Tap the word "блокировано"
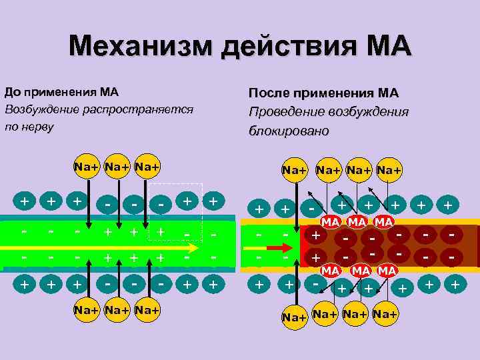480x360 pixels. coord(289,131)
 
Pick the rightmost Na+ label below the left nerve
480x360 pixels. coord(147,310)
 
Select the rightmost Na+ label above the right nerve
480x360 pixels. coord(389,170)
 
